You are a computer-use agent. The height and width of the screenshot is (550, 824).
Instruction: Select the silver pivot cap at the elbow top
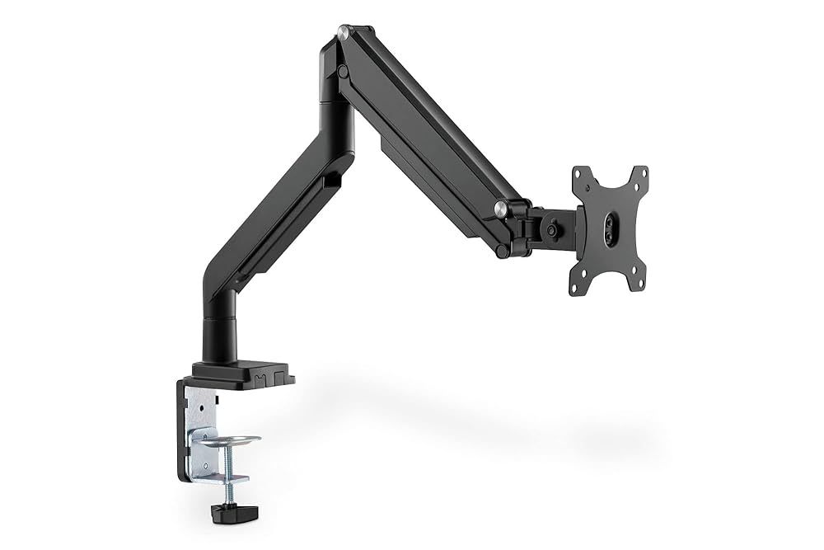tap(343, 33)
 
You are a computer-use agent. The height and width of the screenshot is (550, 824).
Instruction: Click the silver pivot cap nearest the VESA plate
tap(499, 207)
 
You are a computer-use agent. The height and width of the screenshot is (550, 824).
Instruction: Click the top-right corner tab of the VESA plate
tap(639, 174)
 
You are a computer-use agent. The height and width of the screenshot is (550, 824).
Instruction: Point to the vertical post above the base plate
tap(220, 330)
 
